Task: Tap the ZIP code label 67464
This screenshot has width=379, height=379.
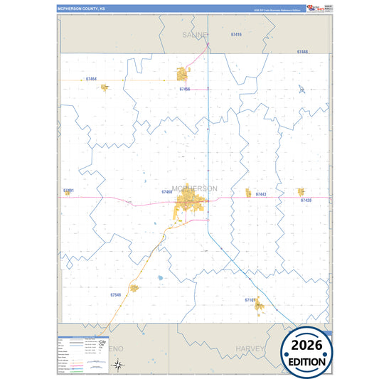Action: click(x=90, y=79)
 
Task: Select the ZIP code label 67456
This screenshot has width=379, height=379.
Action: click(x=185, y=90)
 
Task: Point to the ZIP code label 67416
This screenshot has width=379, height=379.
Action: click(x=237, y=34)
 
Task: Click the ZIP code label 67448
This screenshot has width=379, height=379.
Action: click(x=302, y=53)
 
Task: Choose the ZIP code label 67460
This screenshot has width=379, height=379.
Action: click(x=167, y=192)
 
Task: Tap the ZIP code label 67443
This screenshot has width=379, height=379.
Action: click(x=260, y=194)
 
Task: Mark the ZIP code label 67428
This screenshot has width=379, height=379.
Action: click(x=306, y=201)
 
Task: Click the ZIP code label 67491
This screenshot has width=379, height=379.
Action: click(x=68, y=191)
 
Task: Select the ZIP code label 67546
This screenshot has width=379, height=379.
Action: click(x=116, y=294)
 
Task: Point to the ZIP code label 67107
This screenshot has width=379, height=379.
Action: click(x=250, y=300)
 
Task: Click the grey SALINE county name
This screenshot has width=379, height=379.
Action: click(x=194, y=34)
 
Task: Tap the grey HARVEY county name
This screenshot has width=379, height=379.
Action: click(x=250, y=349)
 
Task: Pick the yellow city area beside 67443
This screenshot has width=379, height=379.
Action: click(x=248, y=193)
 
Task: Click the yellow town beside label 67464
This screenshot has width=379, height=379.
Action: click(x=105, y=87)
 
